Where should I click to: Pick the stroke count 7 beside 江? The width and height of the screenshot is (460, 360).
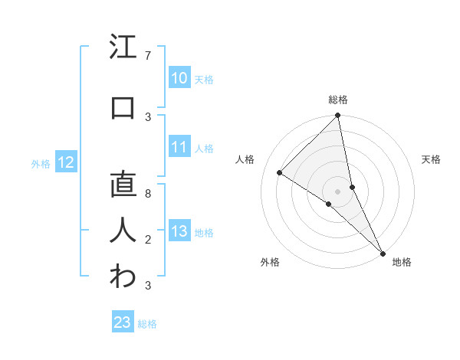pos(148,56)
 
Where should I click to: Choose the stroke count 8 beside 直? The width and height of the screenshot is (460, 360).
pos(148,194)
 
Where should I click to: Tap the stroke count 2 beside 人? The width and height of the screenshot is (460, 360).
pos(148,240)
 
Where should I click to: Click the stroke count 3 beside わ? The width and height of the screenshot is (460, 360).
pos(148,286)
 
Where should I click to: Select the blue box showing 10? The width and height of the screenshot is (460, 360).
pos(179,78)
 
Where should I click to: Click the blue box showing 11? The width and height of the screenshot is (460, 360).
pos(179,148)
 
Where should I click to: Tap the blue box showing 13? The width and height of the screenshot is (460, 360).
pos(179,232)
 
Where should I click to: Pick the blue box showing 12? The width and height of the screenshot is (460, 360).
pos(66,162)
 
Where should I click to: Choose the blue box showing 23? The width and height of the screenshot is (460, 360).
pos(123,322)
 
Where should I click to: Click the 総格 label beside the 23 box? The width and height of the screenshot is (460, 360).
pos(147,324)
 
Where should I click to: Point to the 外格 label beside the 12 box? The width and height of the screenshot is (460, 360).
pos(41,163)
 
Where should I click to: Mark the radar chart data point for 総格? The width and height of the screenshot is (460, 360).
pos(337,116)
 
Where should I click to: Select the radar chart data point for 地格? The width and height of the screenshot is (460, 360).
pos(382,252)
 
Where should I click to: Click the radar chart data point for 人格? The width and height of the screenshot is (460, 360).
pos(280,173)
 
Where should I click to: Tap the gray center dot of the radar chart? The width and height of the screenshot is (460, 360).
pos(337,191)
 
